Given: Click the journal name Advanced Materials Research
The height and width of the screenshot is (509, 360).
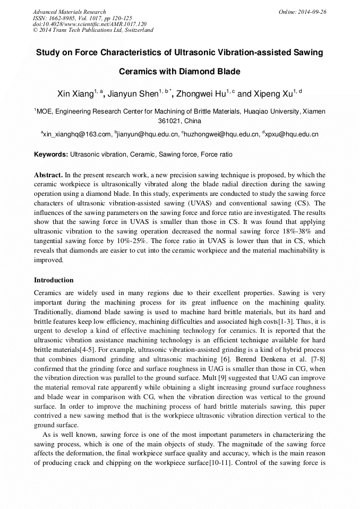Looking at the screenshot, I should click(x=69, y=12).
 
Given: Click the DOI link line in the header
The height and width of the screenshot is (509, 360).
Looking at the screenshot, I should click(x=90, y=24).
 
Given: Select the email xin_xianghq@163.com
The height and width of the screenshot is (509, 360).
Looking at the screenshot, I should click(x=78, y=135).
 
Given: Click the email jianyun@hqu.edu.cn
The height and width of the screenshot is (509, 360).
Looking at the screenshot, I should click(x=148, y=135).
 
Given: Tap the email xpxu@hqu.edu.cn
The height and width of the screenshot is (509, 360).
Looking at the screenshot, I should click(x=292, y=135).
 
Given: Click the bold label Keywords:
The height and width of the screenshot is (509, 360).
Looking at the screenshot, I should click(x=51, y=155).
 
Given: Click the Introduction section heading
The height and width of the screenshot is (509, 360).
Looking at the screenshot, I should click(x=54, y=280).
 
